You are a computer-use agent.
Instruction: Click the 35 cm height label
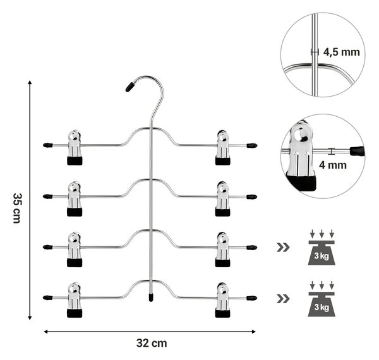coord(16,208)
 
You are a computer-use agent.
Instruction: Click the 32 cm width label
coord(152,343)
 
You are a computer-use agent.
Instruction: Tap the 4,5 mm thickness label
coord(341,52)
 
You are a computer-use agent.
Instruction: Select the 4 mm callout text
coord(333,165)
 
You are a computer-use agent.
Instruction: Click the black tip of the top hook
coord(129,87)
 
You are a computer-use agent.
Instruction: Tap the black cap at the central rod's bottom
coord(151,297)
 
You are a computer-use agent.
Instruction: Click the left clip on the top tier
coord(75,147)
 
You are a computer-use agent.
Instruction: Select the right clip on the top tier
coord(222,147)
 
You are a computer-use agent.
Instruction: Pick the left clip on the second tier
coord(75,198)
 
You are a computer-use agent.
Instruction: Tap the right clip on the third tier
coord(222,249)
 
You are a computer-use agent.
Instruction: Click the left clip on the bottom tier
coord(75,300)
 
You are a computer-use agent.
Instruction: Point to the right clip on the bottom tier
coord(222,300)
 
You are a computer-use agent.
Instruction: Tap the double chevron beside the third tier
coord(283,248)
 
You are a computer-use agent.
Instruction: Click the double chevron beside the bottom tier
coord(283,299)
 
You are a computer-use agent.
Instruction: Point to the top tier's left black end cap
coord(47,145)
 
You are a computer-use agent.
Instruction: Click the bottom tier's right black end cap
coord(252,297)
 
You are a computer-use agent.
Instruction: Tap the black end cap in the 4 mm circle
coord(357,151)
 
